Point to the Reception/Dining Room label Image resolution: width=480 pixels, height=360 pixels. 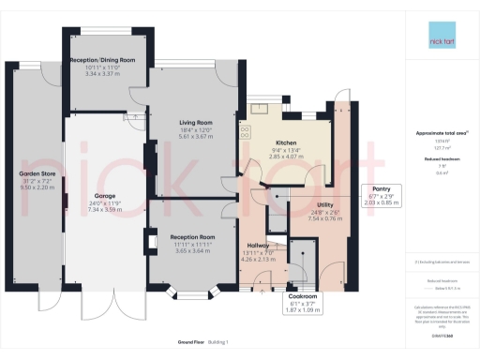coord(111,59)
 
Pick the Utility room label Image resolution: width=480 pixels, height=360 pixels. coord(326,204)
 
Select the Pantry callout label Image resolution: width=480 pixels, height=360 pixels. coord(381,188)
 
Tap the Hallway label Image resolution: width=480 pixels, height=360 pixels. coord(256,246)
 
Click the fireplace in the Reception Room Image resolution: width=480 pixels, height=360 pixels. coord(153,244)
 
